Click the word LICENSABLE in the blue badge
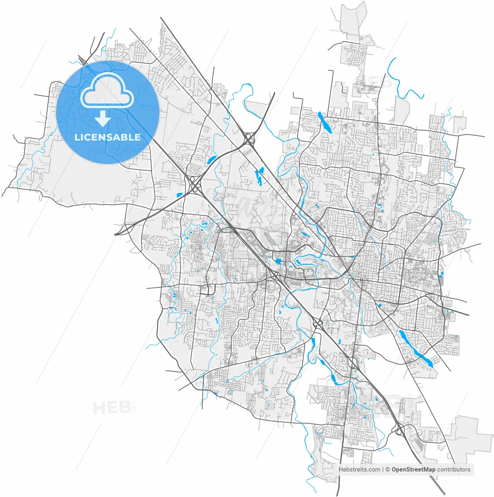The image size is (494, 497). (108, 137)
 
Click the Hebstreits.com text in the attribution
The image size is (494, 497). (359, 469)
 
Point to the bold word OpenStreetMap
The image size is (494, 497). (413, 469)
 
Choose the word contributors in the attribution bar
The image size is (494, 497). (454, 469)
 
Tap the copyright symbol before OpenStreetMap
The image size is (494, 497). (387, 469)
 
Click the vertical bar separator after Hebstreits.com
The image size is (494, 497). (383, 469)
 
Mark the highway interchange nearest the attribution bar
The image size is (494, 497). (399, 430)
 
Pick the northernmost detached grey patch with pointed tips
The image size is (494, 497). (353, 19)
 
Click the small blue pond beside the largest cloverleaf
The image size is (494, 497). (179, 195)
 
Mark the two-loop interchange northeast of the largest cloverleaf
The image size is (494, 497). (249, 138)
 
